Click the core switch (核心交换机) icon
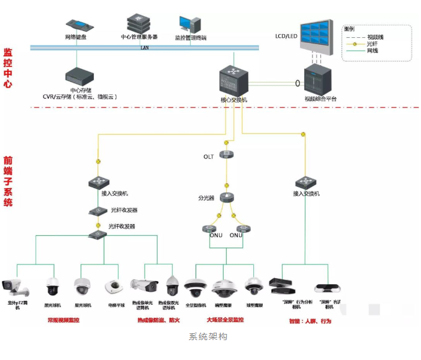click(x=233, y=81)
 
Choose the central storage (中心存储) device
click(x=77, y=77)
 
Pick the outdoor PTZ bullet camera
click(x=15, y=287)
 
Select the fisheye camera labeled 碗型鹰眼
click(x=224, y=287)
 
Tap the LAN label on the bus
click(x=145, y=47)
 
